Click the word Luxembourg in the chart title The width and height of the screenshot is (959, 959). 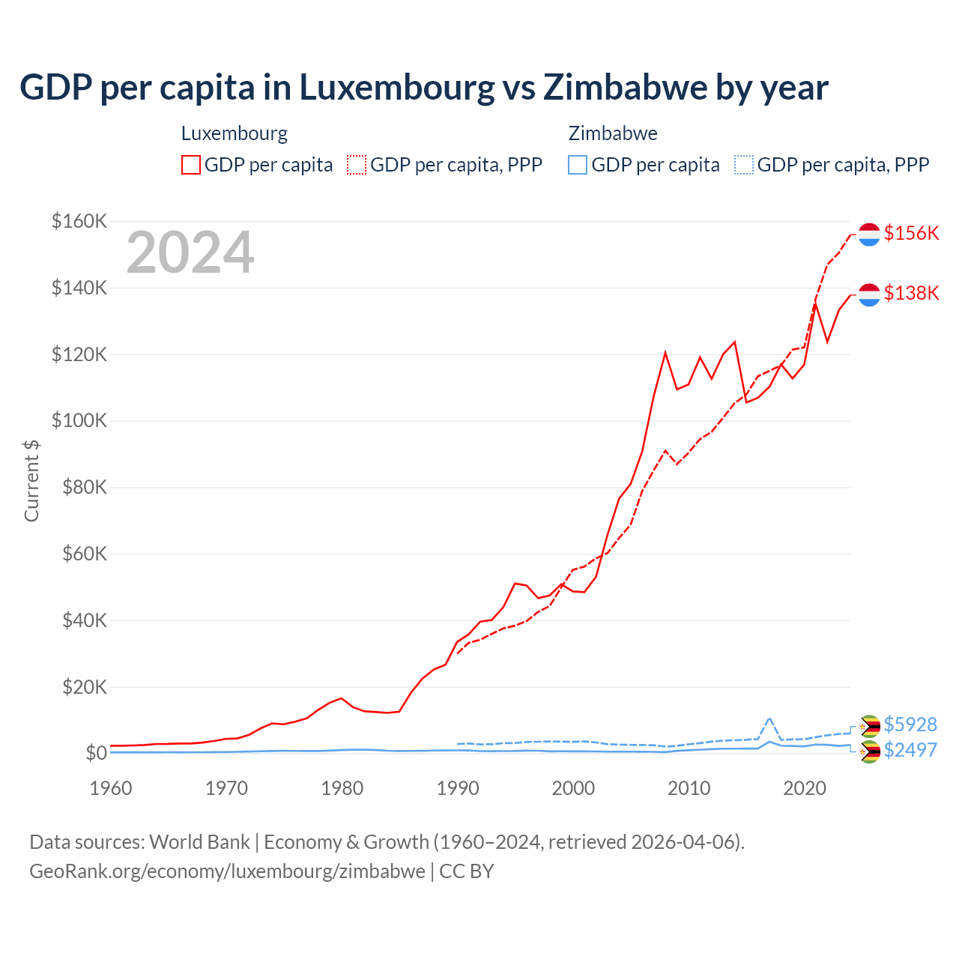(397, 88)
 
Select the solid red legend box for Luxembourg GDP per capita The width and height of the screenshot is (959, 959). (191, 165)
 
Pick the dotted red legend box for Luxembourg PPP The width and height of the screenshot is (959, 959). (357, 165)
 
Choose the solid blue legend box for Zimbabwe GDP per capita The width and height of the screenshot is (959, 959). (578, 165)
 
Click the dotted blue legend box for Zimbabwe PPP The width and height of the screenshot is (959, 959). (744, 165)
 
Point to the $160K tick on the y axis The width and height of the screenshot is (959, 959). (79, 221)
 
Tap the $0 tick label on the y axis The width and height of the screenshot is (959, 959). (96, 753)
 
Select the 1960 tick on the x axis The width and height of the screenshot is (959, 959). (111, 788)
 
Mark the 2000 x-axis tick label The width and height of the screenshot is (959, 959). (573, 788)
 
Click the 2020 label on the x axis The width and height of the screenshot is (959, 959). (805, 788)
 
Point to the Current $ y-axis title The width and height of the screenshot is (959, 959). (31, 480)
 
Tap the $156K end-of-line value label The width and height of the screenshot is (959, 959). (911, 233)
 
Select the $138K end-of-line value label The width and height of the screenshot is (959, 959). (911, 293)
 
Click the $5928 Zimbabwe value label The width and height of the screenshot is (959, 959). (910, 724)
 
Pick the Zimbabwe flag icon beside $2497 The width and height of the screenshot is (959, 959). (869, 751)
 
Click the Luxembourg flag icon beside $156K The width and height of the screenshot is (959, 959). (869, 235)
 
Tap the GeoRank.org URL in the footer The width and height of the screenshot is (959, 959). (227, 871)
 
